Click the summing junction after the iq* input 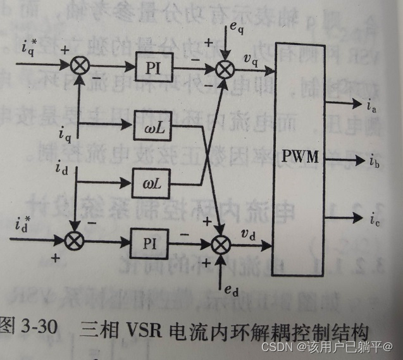77,65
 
